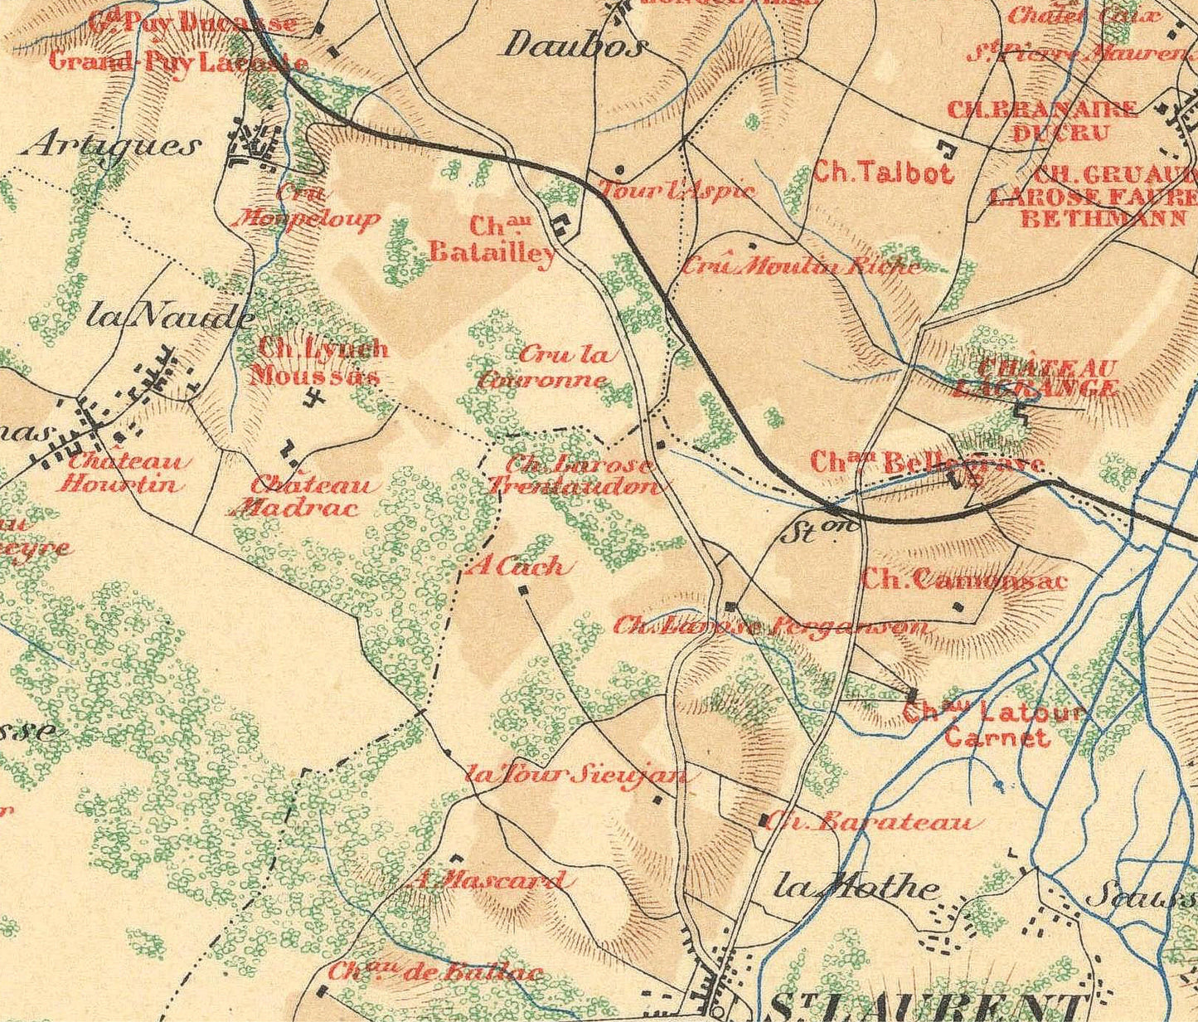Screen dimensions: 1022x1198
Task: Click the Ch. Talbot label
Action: (x=883, y=172)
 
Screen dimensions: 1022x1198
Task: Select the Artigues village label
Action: (x=114, y=146)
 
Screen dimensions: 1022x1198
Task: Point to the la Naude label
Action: (x=171, y=316)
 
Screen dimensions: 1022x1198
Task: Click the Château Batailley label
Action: (x=493, y=240)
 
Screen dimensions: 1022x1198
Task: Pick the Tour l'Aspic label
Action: (x=677, y=190)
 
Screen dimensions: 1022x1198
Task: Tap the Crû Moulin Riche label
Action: (x=801, y=265)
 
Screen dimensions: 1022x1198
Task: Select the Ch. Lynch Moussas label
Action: (x=320, y=362)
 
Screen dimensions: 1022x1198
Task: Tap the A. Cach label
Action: (x=519, y=567)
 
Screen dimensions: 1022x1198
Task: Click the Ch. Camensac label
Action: (x=964, y=579)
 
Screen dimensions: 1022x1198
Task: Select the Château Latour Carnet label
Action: (x=995, y=723)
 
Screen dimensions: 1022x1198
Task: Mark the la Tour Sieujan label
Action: (x=576, y=775)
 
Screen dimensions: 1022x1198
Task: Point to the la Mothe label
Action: (x=856, y=888)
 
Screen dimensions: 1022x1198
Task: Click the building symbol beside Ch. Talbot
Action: (x=946, y=149)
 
